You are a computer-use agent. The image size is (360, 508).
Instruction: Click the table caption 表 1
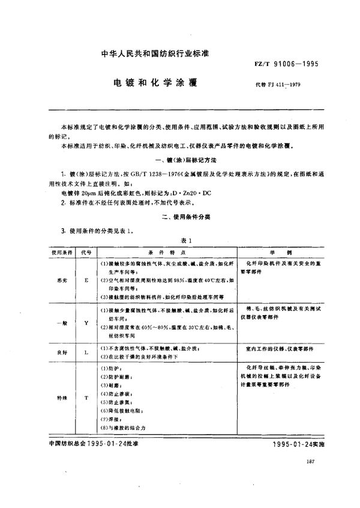181,241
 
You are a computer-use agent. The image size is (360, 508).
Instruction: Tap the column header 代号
85,253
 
